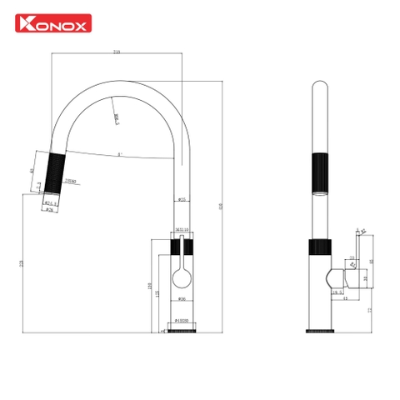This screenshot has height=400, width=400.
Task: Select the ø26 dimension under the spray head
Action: click(50, 208)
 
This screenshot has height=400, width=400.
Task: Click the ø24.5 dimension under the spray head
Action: click(49, 202)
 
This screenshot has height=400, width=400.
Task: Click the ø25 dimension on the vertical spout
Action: click(182, 199)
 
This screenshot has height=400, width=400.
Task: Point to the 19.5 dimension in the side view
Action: click(338, 292)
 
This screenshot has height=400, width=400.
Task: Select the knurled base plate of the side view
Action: click(319, 331)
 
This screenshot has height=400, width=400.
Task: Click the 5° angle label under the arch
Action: click(120, 154)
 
